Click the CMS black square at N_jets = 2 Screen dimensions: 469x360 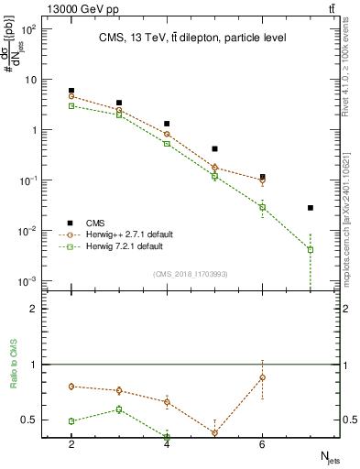(x=71, y=91)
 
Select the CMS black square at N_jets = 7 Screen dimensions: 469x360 (x=311, y=208)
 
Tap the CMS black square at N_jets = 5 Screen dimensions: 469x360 (x=214, y=148)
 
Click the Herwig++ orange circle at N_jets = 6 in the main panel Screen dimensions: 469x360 (x=262, y=180)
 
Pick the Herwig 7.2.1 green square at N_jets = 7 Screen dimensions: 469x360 (x=311, y=249)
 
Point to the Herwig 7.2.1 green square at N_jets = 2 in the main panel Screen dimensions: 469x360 (x=71, y=106)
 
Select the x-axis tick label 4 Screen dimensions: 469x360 (x=167, y=445)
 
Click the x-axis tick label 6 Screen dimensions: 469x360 (x=262, y=445)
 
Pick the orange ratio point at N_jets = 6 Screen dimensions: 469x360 (x=262, y=377)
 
